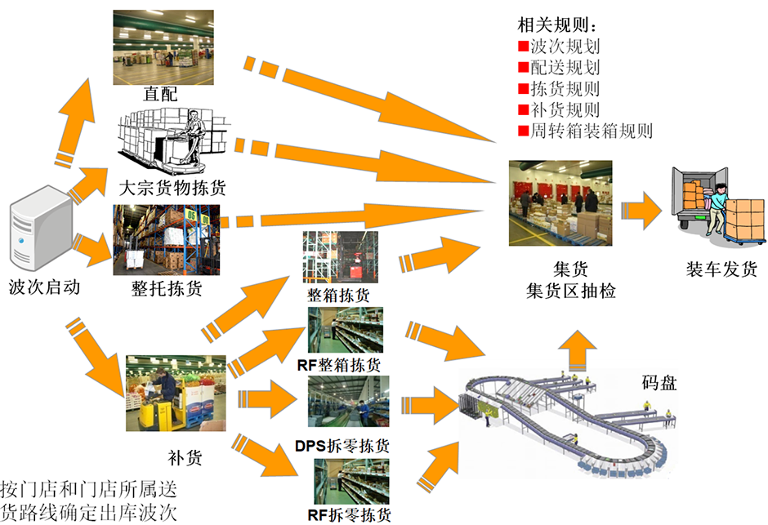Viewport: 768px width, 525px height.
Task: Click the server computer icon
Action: click(42, 228)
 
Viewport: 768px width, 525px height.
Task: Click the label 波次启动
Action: click(45, 287)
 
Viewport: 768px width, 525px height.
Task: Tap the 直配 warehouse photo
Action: click(163, 47)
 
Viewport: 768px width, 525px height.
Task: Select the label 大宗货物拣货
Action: click(172, 188)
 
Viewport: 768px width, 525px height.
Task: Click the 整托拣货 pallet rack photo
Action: click(167, 240)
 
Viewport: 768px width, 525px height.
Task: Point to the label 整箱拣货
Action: click(338, 295)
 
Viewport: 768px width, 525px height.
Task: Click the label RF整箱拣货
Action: click(339, 364)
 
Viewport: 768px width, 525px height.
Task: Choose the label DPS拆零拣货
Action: click(342, 446)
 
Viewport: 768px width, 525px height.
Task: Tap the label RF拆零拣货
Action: click(349, 514)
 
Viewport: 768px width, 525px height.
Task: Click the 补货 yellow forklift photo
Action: click(176, 394)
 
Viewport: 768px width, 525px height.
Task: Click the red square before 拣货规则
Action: click(524, 88)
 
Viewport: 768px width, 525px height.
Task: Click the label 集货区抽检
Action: click(570, 291)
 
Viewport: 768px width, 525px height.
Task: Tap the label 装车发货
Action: click(721, 269)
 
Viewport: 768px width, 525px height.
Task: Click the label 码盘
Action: click(659, 382)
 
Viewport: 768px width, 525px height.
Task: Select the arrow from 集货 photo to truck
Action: click(641, 211)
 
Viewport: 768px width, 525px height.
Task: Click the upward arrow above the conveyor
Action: click(578, 350)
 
